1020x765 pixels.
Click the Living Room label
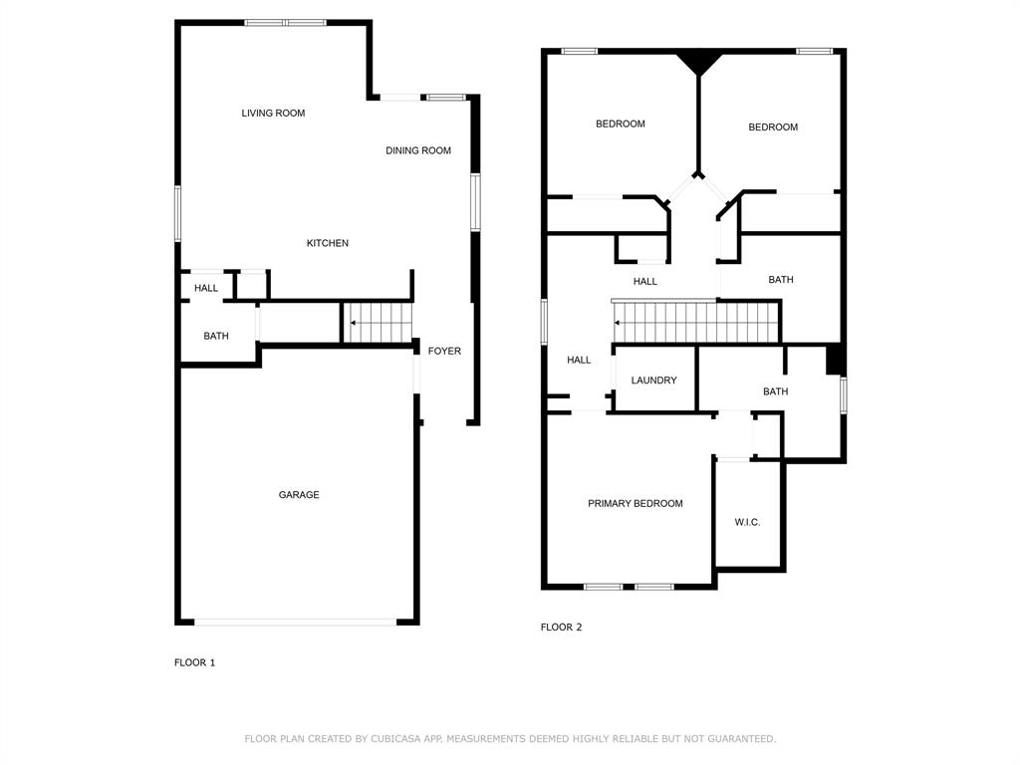tap(273, 114)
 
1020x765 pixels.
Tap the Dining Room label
tap(418, 151)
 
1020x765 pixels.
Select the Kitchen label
tap(327, 244)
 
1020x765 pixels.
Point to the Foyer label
tap(444, 352)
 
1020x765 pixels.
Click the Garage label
tap(299, 495)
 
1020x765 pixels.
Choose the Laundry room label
tap(653, 381)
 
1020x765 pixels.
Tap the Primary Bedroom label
tap(635, 504)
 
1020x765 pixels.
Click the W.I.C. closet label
tap(747, 523)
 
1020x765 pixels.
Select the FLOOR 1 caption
tap(194, 663)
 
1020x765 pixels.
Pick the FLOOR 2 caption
tap(561, 628)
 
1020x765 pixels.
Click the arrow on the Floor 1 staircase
tap(353, 323)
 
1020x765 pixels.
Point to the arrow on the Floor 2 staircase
tap(619, 323)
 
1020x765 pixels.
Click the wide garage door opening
tap(296, 623)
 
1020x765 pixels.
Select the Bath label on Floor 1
tap(216, 337)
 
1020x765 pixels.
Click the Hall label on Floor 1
tap(206, 289)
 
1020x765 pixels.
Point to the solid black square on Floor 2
tap(835, 360)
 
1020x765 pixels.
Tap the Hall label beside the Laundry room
tap(579, 361)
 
